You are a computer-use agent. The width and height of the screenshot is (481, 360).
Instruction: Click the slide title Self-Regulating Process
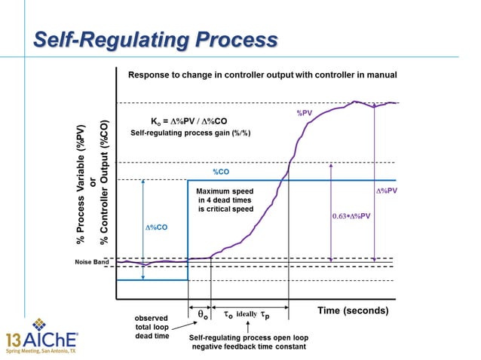155,38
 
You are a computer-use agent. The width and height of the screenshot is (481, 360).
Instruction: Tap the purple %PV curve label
304,113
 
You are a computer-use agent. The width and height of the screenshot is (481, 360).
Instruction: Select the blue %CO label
220,171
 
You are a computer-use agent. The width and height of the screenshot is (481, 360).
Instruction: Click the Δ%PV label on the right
386,191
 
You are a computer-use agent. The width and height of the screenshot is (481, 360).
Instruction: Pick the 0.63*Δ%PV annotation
352,216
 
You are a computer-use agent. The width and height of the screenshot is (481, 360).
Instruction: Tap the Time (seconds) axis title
352,310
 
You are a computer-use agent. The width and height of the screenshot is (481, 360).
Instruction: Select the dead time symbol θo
201,313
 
